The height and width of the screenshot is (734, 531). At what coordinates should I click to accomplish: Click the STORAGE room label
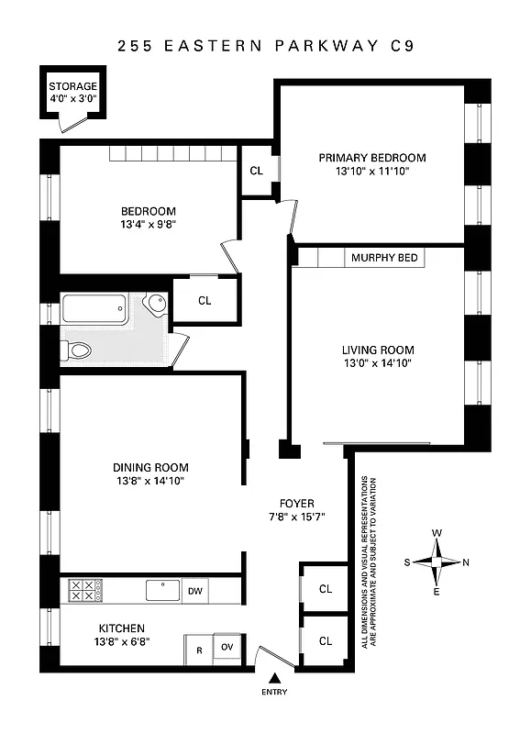coord(72,86)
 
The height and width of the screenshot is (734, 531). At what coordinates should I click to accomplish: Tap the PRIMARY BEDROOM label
coord(372,158)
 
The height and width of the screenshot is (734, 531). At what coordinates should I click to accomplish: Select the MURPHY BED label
coord(384,259)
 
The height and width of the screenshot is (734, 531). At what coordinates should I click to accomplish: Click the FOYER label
coord(297,504)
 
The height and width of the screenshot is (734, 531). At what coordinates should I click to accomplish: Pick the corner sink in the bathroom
coord(155,302)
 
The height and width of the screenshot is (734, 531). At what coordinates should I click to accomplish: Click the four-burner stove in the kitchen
coord(82,590)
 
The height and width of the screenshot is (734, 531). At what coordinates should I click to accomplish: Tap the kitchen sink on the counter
coord(162,589)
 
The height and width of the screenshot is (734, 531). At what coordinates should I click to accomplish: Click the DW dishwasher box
coord(194,592)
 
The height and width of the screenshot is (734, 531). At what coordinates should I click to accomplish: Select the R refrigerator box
coord(198,650)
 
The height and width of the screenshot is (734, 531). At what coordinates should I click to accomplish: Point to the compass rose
coord(438,562)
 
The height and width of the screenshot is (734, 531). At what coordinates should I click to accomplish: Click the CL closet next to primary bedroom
coord(256,170)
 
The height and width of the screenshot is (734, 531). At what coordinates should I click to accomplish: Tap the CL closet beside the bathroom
coord(205,300)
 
